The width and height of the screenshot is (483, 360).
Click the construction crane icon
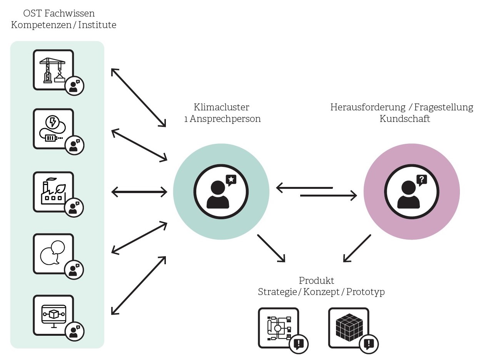(53, 69)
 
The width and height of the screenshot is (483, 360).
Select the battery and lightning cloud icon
(53, 128)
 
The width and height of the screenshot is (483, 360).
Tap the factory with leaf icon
(53, 191)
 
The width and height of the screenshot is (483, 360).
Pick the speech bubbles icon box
(53, 253)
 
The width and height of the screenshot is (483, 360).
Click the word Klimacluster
(221, 107)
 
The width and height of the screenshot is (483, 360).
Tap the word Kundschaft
(405, 119)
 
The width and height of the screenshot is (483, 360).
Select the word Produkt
(317, 280)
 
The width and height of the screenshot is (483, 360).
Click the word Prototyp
(365, 292)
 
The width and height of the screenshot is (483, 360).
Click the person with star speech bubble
(221, 191)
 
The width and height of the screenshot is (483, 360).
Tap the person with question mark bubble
(411, 191)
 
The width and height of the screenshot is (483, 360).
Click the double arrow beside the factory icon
(139, 191)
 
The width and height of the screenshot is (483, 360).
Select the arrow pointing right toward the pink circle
(328, 196)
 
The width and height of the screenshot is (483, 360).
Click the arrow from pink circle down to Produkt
(357, 248)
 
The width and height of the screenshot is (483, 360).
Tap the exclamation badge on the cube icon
(369, 343)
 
